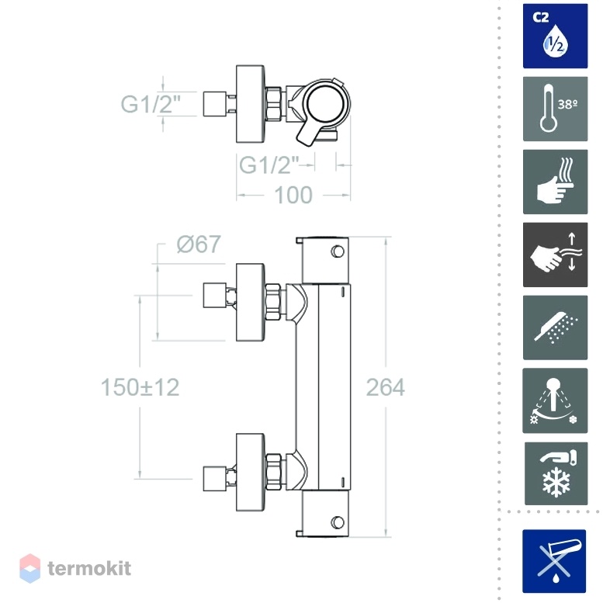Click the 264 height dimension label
pyautogui.click(x=386, y=387)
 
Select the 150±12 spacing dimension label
pyautogui.click(x=140, y=387)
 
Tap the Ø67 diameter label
pyautogui.click(x=199, y=244)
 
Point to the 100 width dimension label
pyautogui.click(x=293, y=195)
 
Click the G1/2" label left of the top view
pyautogui.click(x=151, y=104)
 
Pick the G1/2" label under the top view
pyautogui.click(x=269, y=165)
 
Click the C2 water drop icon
pyautogui.click(x=555, y=36)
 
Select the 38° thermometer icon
pyautogui.click(x=555, y=109)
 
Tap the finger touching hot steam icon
pyautogui.click(x=555, y=182)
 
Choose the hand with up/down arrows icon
pyautogui.click(x=555, y=255)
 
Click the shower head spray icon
pyautogui.click(x=555, y=327)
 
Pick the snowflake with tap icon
pyautogui.click(x=556, y=473)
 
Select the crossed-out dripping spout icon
pyautogui.click(x=554, y=561)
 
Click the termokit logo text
pyautogui.click(x=89, y=568)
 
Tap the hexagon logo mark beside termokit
pyautogui.click(x=30, y=568)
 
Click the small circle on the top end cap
pyautogui.click(x=338, y=251)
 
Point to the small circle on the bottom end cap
pyautogui.click(x=338, y=522)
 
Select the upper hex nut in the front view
pyautogui.click(x=273, y=302)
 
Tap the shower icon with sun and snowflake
pyautogui.click(x=555, y=400)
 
